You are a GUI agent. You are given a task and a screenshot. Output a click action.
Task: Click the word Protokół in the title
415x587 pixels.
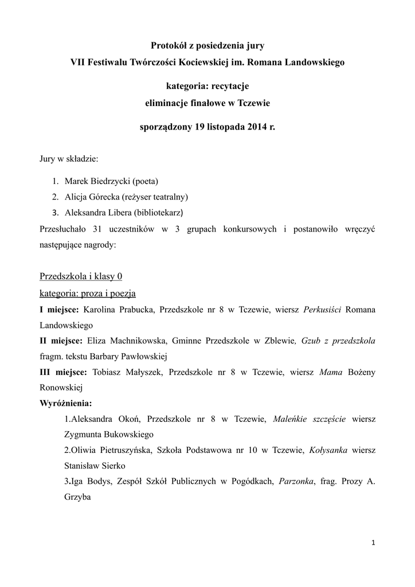[170, 44]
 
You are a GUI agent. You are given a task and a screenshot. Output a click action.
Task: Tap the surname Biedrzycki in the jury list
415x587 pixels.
[109, 181]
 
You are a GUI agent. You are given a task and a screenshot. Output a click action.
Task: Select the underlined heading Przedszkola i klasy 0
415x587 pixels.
[81, 276]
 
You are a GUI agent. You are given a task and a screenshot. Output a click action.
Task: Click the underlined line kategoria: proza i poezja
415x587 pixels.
[87, 293]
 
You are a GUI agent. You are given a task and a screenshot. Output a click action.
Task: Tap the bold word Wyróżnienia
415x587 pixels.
[65, 403]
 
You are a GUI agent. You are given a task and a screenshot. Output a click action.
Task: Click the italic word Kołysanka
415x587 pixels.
[328, 450]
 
